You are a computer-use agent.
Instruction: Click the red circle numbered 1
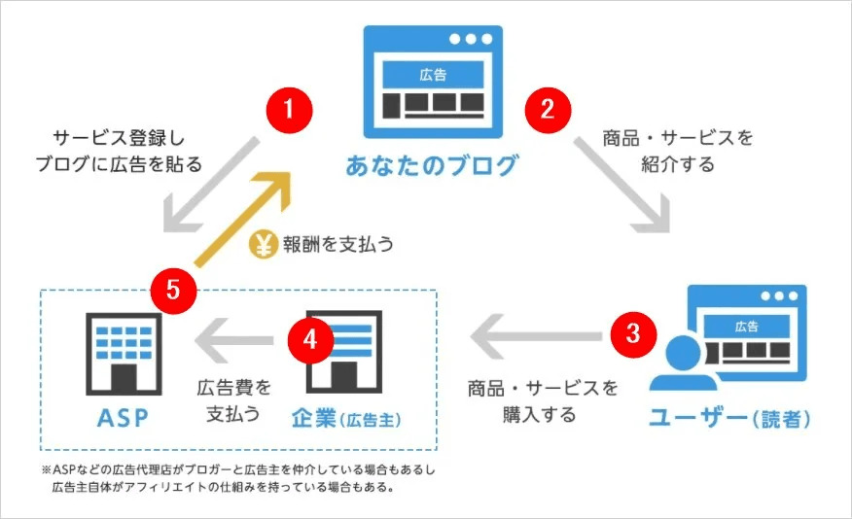pyautogui.click(x=289, y=110)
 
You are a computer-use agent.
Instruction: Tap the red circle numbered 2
pyautogui.click(x=548, y=110)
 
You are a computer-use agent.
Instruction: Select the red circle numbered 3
pyautogui.click(x=633, y=333)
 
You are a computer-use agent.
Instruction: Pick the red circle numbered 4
pyautogui.click(x=310, y=340)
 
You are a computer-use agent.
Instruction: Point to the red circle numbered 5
pyautogui.click(x=173, y=290)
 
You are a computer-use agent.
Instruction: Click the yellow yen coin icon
pyautogui.click(x=263, y=244)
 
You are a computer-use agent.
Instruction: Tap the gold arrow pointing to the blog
pyautogui.click(x=243, y=219)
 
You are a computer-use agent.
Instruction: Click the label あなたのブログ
pyautogui.click(x=432, y=164)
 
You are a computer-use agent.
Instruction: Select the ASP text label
pyautogui.click(x=123, y=418)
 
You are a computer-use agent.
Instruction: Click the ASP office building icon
pyautogui.click(x=124, y=354)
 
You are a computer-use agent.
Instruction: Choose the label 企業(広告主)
pyautogui.click(x=346, y=419)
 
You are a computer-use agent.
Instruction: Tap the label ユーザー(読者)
pyautogui.click(x=729, y=418)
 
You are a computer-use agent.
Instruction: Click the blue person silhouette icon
pyautogui.click(x=683, y=363)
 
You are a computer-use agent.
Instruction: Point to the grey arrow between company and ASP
pyautogui.click(x=234, y=341)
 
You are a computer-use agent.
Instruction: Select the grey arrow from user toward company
pyautogui.click(x=536, y=336)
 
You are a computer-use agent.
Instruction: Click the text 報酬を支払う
pyautogui.click(x=337, y=244)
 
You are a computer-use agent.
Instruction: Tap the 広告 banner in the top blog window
pyautogui.click(x=433, y=75)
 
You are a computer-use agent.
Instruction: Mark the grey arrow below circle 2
pyautogui.click(x=622, y=185)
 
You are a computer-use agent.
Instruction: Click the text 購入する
pyautogui.click(x=539, y=415)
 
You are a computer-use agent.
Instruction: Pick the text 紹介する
pyautogui.click(x=678, y=164)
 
